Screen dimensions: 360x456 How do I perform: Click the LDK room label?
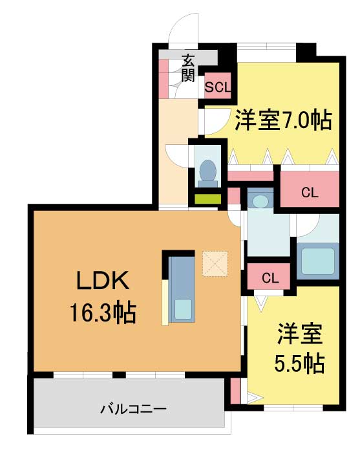tap(103, 280)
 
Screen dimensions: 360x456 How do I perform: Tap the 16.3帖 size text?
tap(103, 313)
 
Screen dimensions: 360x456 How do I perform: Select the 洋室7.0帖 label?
tap(283, 120)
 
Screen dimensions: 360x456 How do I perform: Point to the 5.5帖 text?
tap(299, 364)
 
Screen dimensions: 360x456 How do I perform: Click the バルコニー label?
tap(133, 409)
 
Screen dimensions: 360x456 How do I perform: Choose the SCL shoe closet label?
tap(218, 87)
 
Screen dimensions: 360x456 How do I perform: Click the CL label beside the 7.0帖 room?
tap(310, 193)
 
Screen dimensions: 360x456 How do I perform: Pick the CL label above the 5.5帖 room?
tap(270, 278)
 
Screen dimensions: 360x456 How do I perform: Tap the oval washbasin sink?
tap(260, 201)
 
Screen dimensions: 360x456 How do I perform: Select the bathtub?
tap(318, 261)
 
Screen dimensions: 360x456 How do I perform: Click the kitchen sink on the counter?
tap(183, 309)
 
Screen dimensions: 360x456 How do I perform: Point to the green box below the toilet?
tap(207, 199)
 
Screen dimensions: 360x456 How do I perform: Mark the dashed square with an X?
tap(215, 264)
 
